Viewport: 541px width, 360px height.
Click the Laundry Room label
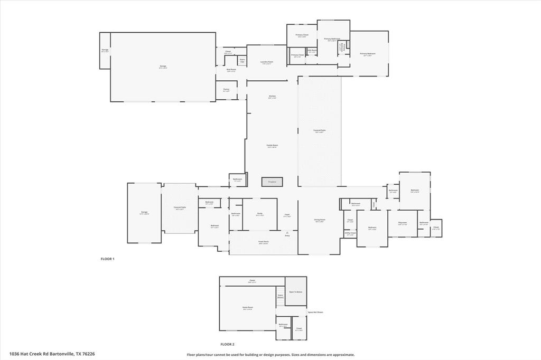[x=267, y=62]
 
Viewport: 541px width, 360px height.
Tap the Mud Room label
[x=231, y=70]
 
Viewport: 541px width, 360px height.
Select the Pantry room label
[x=226, y=90]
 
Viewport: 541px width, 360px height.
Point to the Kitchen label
[x=272, y=97]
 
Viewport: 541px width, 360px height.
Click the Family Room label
[x=272, y=146]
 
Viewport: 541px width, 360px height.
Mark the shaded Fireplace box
[x=272, y=182]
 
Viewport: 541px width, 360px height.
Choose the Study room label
[x=260, y=214]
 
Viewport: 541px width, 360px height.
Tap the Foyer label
[x=287, y=215]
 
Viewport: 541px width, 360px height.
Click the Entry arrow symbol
[x=287, y=233]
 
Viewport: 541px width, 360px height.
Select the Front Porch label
[x=264, y=243]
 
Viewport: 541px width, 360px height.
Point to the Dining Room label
[x=320, y=220]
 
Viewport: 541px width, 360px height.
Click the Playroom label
[x=403, y=223]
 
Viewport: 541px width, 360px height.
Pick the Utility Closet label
[x=350, y=233]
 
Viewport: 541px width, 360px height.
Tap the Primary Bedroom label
[x=368, y=54]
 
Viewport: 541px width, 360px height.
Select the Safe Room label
[x=312, y=51]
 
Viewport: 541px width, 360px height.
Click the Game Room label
[x=247, y=309]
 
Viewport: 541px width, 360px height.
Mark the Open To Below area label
[x=295, y=291]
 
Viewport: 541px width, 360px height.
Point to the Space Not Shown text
[x=315, y=312]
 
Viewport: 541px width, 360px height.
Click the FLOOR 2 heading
[x=227, y=344]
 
